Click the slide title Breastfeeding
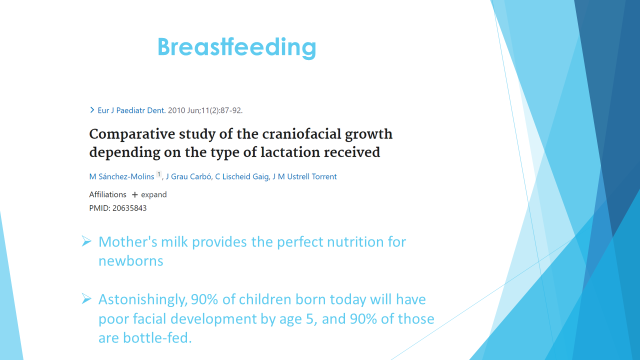237,47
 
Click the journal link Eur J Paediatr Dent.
131,110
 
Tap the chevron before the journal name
92,110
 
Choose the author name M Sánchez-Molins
121,176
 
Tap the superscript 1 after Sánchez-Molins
159,174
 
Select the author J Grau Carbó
188,176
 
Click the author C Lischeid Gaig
242,176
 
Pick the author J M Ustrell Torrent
304,176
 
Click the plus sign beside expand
134,195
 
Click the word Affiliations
107,194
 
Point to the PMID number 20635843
129,208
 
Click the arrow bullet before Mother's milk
86,241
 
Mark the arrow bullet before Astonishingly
86,299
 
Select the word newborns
131,261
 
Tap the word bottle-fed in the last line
157,338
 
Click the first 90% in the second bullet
204,299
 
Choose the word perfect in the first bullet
300,242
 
